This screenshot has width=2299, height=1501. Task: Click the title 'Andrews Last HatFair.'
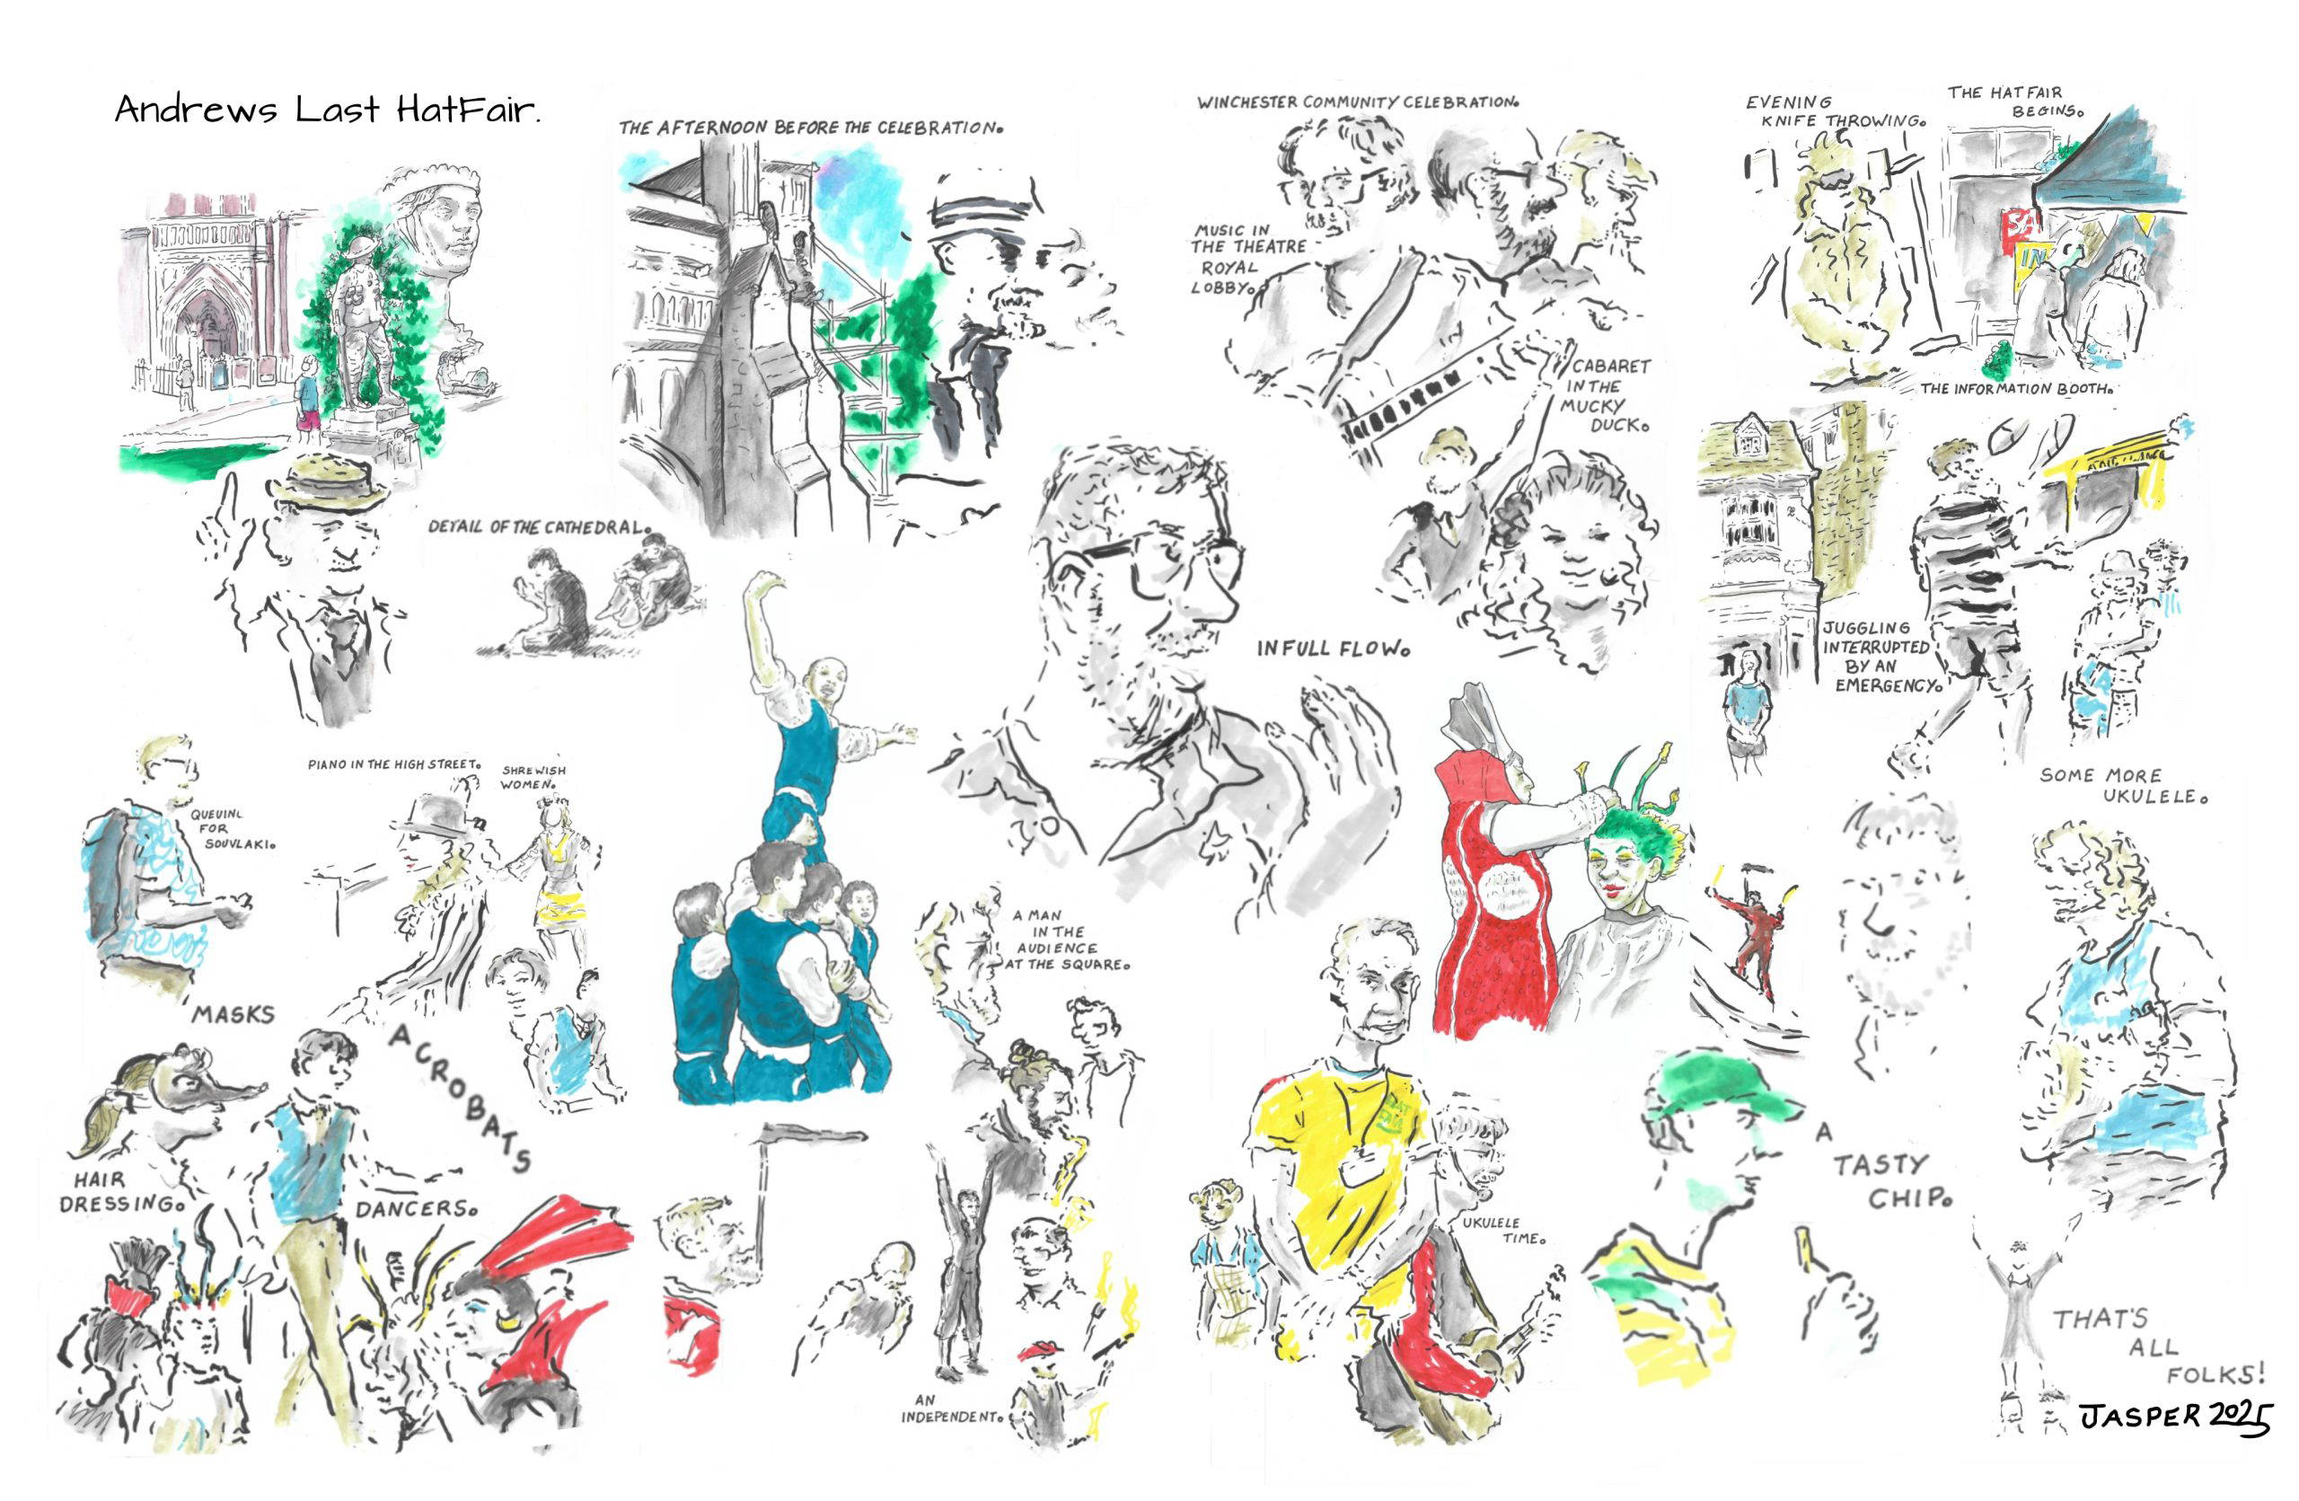click(328, 110)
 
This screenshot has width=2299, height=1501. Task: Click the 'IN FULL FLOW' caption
click(1332, 649)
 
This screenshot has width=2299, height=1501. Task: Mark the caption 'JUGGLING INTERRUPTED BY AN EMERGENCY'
click(1879, 657)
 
